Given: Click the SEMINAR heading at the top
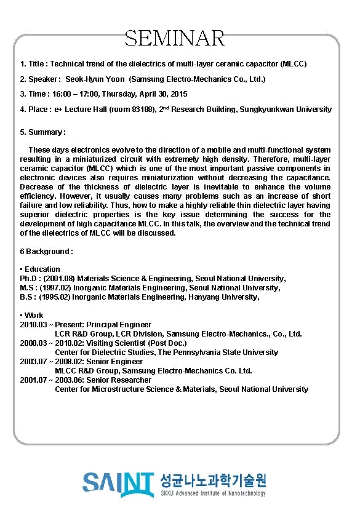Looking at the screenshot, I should coord(175,38).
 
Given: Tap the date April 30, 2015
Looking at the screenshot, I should coord(162,94).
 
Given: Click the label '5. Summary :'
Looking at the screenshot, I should coord(43,132).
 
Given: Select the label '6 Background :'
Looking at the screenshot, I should coord(47,251).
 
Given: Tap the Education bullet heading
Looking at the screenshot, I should coord(42,269).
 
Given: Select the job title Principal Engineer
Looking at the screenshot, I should coord(119,324).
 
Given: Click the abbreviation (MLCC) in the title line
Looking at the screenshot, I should coord(293,63).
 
